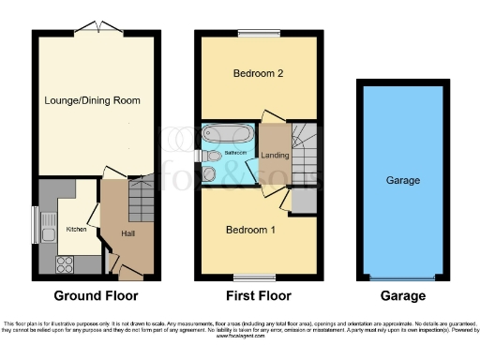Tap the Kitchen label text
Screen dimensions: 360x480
coord(76,229)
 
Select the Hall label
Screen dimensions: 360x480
coord(127,233)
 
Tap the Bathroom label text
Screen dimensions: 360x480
coord(235,152)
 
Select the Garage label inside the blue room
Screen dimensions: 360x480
coord(402,180)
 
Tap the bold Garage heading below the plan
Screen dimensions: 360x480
coord(402,295)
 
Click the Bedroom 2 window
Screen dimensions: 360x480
coord(251,34)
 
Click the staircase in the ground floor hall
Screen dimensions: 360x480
coord(141,198)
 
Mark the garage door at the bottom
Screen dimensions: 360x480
coord(402,277)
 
